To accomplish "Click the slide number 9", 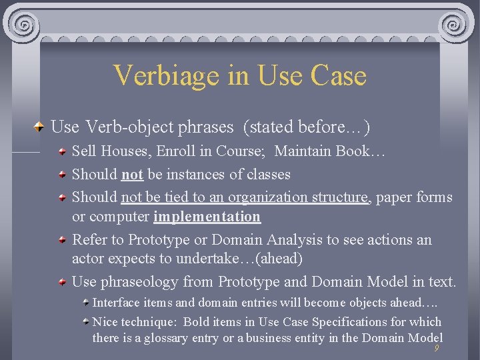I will point(436,349).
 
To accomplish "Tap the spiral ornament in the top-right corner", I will point(455,25).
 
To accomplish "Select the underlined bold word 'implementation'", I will point(207,217).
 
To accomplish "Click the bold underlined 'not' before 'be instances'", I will point(132,175).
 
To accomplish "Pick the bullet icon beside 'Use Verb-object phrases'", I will point(41,127).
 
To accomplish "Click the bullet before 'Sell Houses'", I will point(62,152).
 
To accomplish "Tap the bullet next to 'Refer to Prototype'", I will point(62,240).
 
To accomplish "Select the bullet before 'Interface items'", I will point(86,303).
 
